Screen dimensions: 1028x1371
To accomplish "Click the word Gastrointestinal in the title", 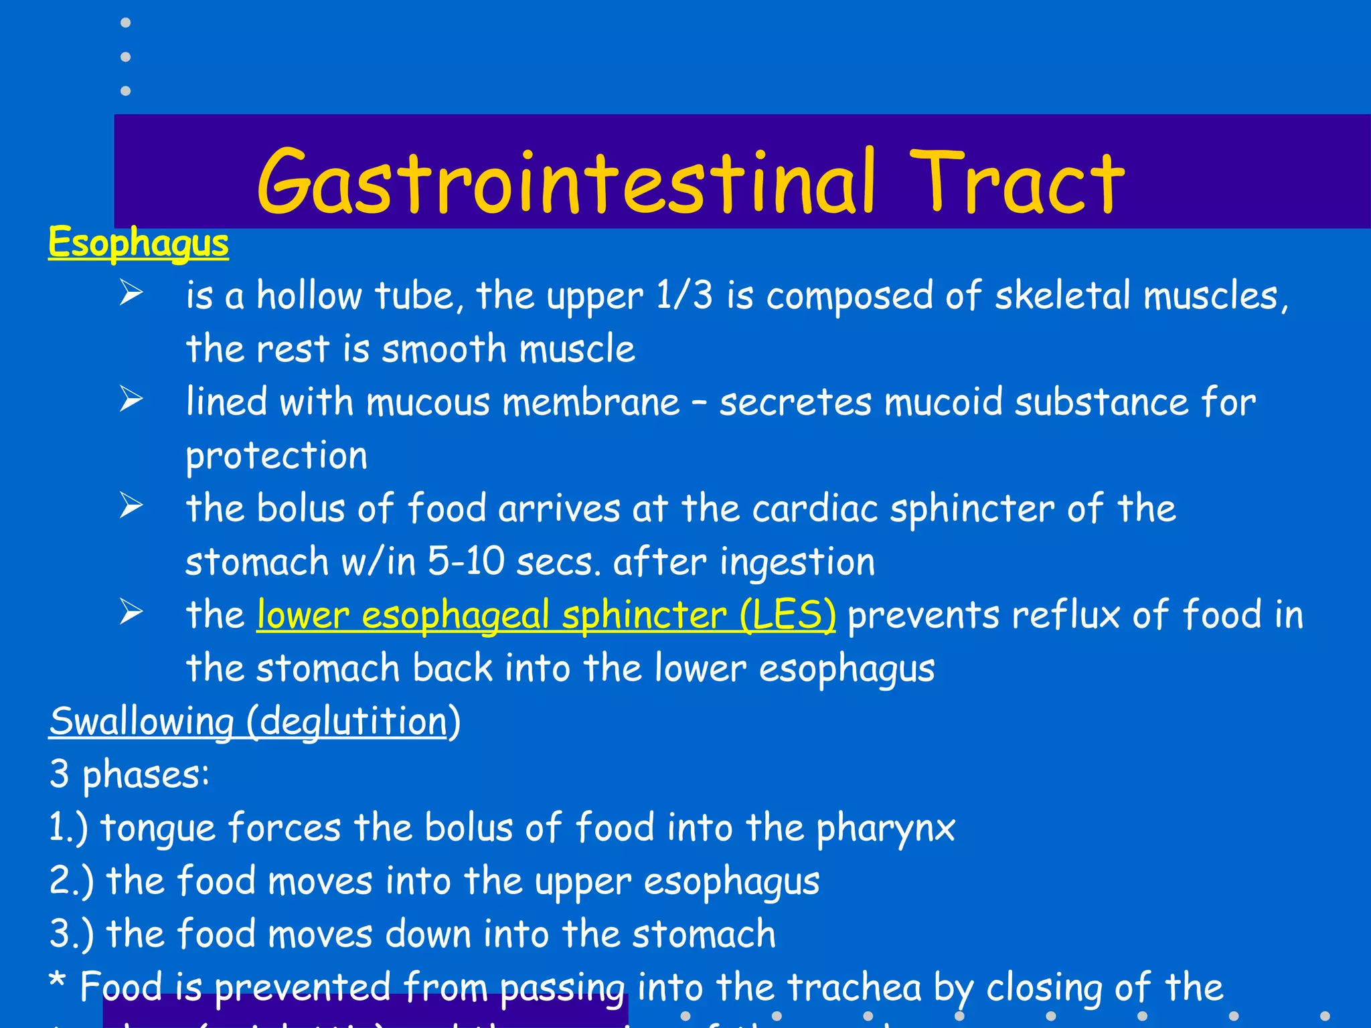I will coord(566,182).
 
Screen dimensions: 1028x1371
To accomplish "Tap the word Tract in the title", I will coord(1018,182).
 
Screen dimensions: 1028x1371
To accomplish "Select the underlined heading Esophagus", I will coord(139,242).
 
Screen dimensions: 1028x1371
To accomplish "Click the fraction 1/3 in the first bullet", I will coord(684,296).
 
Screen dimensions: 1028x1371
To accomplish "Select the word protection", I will coord(276,456).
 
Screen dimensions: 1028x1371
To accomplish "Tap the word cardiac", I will coord(815,509).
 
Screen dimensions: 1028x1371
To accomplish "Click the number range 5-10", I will coord(466,561).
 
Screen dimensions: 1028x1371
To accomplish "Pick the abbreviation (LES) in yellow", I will coord(788,615).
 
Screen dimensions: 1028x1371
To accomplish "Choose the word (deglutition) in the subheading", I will coord(353,721).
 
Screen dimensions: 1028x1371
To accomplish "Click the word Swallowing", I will coord(141,721).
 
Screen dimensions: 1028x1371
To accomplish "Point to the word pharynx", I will coord(885,829).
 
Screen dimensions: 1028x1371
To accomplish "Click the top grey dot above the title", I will coord(125,23).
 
